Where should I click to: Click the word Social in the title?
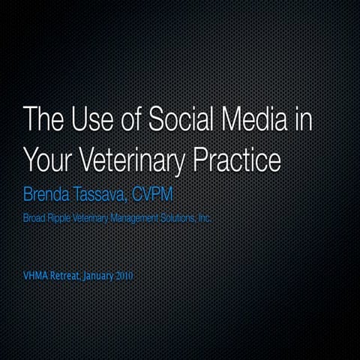178,121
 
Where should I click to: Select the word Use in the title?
84,121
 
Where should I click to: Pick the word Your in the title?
45,159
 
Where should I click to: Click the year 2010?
125,276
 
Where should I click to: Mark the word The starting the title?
40,121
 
